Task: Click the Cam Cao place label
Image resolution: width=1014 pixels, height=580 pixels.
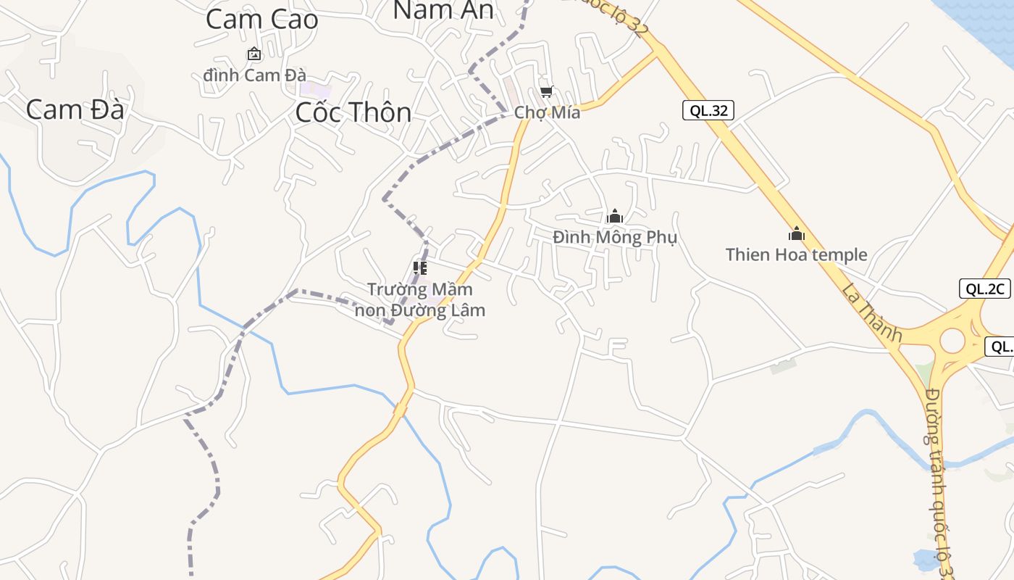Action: [x=261, y=20]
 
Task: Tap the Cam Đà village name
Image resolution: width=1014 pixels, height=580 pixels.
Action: [x=75, y=109]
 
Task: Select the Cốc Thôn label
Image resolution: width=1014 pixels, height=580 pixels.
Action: [x=353, y=112]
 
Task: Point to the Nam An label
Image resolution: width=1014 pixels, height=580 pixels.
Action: [x=443, y=10]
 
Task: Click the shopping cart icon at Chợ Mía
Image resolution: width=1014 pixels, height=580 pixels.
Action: [x=547, y=92]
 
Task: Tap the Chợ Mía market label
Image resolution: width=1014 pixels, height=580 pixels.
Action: [x=547, y=113]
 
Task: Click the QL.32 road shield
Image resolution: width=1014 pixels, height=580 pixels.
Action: [x=708, y=110]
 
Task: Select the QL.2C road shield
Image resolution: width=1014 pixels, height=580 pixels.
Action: [x=984, y=289]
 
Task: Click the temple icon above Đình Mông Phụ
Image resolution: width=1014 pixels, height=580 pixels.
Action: [x=615, y=216]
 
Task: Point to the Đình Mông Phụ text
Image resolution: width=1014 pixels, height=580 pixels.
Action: [x=614, y=237]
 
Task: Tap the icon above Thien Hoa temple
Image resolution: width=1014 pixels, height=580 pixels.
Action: [x=797, y=233]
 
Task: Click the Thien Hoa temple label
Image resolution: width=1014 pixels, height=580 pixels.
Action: [x=796, y=254]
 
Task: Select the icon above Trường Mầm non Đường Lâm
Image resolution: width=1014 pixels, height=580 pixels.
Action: [x=420, y=268]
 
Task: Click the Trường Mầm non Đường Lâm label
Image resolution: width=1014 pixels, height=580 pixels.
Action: [x=419, y=299]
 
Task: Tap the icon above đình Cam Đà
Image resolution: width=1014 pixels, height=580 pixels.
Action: [x=254, y=54]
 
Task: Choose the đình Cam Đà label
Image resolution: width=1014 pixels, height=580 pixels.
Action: [x=254, y=75]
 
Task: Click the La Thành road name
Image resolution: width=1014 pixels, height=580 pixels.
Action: [x=872, y=312]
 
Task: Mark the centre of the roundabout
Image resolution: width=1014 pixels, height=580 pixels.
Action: [x=952, y=341]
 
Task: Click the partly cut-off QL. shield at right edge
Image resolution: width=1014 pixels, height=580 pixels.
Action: [x=1001, y=347]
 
